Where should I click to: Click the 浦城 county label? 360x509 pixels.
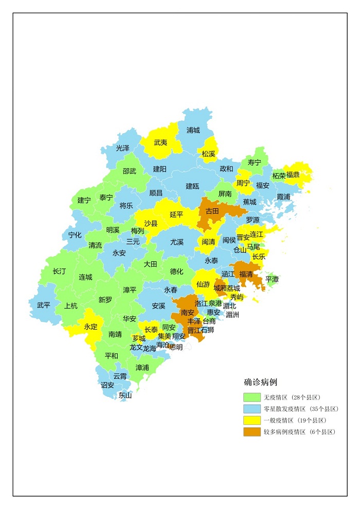point(193,131)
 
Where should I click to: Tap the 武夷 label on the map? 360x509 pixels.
point(160,142)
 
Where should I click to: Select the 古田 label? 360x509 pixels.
point(212,211)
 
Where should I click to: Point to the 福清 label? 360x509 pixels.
point(246,274)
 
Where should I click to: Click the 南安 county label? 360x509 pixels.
point(188,312)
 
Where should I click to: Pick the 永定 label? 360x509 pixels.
point(91,326)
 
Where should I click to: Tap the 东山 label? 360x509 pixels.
point(125,395)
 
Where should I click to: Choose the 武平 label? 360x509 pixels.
point(44,305)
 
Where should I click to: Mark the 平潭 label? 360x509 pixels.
point(272,279)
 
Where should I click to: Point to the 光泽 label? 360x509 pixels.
point(123,148)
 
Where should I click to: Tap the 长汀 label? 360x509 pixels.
point(59,271)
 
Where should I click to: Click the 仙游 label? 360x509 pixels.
point(203,284)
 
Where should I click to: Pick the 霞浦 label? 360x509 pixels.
point(283,197)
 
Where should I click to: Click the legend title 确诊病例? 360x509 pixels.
point(261,383)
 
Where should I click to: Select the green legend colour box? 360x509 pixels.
point(251,397)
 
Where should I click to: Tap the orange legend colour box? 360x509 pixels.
point(251,432)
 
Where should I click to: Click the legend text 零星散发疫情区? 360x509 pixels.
point(286,409)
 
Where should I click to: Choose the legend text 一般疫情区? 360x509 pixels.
point(278,421)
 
